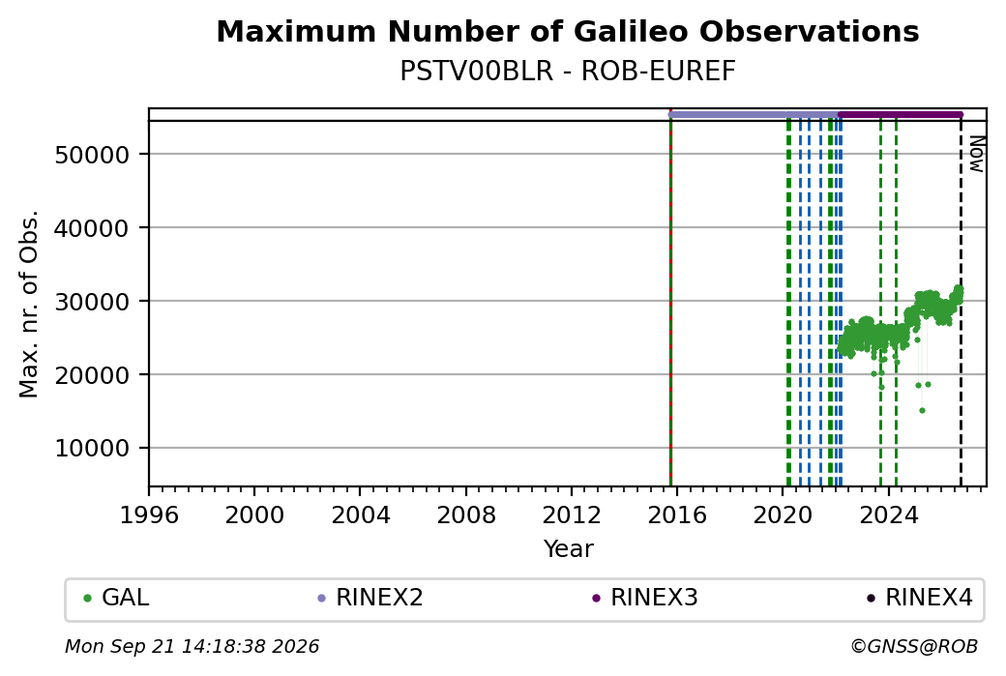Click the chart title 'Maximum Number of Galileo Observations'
tap(568, 31)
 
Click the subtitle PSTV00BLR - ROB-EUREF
tap(568, 72)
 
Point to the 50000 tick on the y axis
tap(93, 155)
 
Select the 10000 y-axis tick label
tap(93, 449)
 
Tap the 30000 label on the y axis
tap(93, 302)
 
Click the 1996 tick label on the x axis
tap(149, 515)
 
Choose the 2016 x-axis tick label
tap(677, 515)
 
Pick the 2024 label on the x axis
tap(889, 515)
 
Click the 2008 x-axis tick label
tap(466, 515)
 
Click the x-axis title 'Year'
tap(569, 549)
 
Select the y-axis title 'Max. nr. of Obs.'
tap(29, 304)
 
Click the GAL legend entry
tap(117, 598)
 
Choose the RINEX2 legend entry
tap(370, 598)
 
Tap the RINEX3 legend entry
tap(645, 598)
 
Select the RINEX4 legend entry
tap(920, 598)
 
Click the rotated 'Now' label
tap(976, 155)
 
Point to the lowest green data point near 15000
tap(922, 410)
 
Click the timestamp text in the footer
tap(192, 646)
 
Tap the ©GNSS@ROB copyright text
tap(915, 646)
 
